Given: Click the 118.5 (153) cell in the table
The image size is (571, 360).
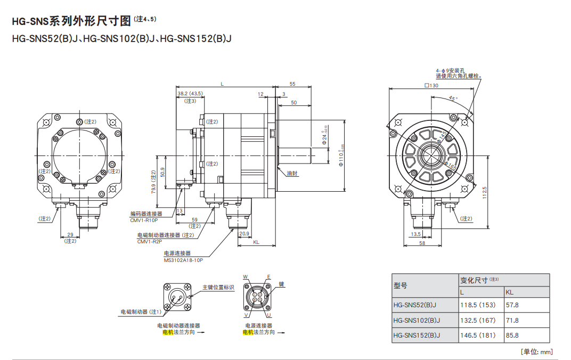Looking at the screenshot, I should click(477, 305).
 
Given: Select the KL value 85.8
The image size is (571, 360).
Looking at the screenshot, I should click(512, 336).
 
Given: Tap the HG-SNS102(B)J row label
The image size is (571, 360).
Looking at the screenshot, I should click(417, 321).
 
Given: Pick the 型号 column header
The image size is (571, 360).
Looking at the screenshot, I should click(400, 286).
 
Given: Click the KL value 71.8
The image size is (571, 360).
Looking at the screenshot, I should click(512, 321).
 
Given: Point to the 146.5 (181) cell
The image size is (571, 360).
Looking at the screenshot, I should click(477, 336).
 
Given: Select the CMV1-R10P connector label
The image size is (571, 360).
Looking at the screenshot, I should click(144, 220).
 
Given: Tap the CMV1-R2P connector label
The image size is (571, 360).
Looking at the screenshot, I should click(150, 241).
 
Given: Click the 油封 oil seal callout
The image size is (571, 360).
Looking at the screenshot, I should click(292, 174).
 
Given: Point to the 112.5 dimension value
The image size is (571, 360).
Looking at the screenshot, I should click(484, 192).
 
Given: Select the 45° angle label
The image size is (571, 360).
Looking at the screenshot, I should click(453, 99).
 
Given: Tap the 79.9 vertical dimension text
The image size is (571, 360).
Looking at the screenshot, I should click(154, 181).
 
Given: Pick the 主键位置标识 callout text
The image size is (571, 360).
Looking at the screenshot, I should click(218, 288).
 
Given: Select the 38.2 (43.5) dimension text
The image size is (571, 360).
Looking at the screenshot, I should click(190, 93).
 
